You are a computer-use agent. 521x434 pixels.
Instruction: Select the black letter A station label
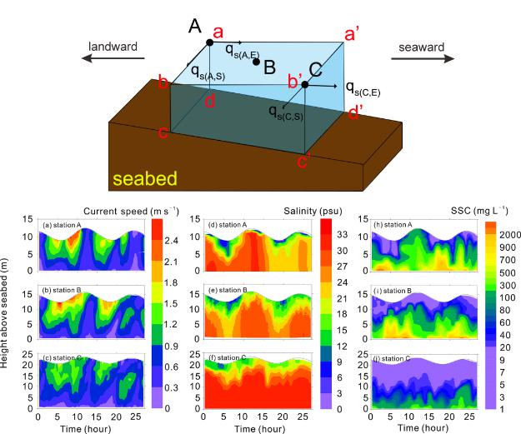click(x=195, y=27)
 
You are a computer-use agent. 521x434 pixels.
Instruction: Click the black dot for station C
click(x=305, y=84)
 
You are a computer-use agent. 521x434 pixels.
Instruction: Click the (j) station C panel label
click(x=391, y=358)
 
